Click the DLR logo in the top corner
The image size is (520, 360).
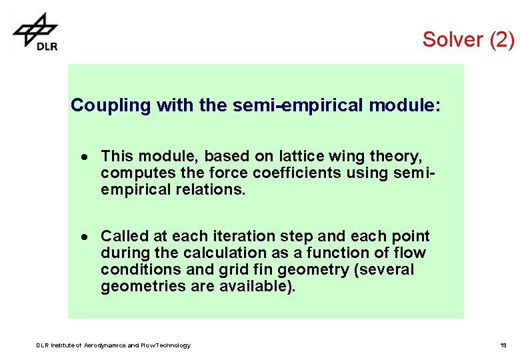click(x=35, y=31)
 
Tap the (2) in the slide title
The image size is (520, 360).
click(x=502, y=39)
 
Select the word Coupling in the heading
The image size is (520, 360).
click(x=111, y=105)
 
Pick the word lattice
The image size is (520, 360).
click(x=300, y=156)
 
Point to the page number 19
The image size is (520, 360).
click(x=503, y=345)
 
